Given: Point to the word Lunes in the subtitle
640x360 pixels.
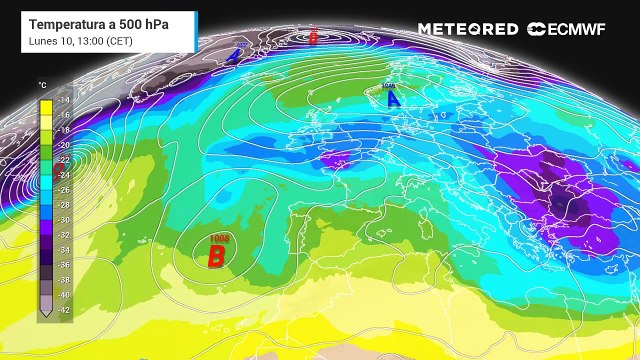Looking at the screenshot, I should click(x=42, y=39).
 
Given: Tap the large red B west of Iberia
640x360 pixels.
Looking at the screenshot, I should click(x=215, y=256).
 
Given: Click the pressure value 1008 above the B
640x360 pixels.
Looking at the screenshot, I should click(x=220, y=239).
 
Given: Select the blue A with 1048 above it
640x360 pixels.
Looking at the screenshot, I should click(x=394, y=99).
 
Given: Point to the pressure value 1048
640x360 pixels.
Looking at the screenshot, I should click(x=390, y=87).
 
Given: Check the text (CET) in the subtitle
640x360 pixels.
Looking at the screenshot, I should click(x=119, y=39).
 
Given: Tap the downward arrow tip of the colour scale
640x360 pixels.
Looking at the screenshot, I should click(x=46, y=315).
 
